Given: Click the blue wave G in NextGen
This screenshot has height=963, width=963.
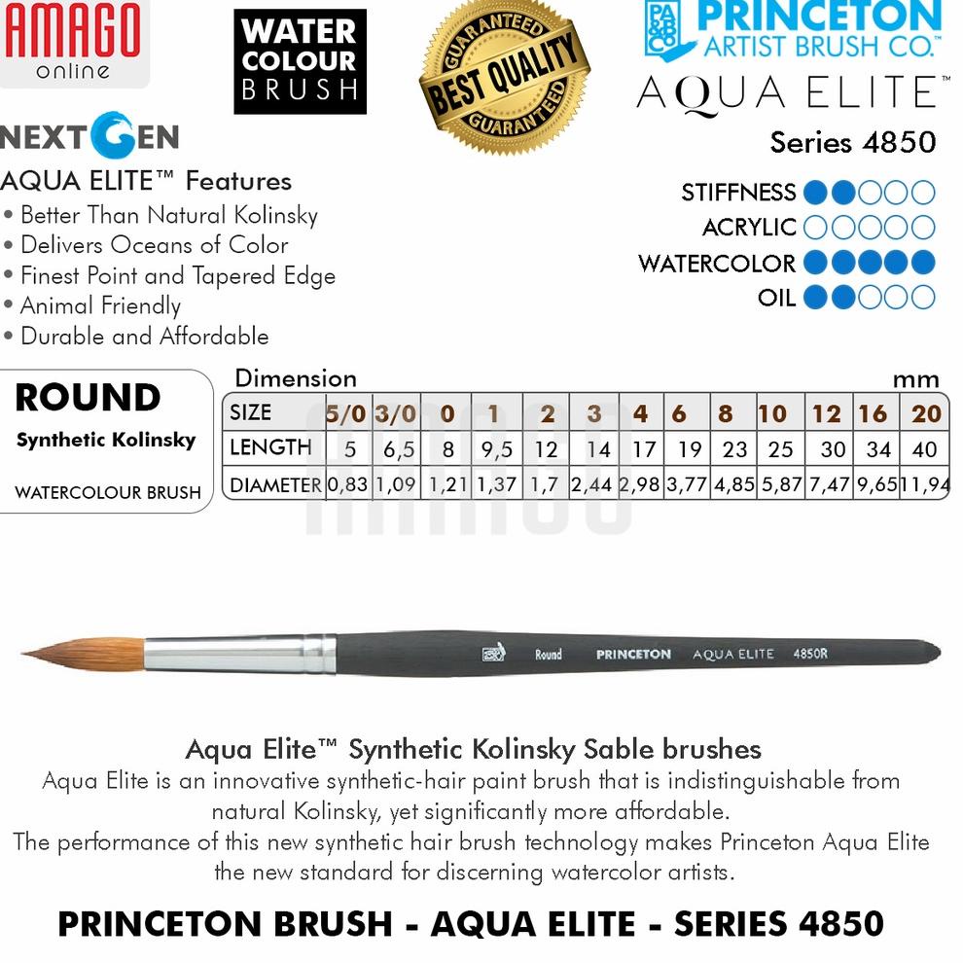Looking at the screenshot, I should coord(114,136).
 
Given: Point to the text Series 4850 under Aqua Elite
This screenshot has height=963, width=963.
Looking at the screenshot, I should coord(852,142).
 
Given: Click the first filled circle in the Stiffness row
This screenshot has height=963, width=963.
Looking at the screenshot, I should coord(818,192).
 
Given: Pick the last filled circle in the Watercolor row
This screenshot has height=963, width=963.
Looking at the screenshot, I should coord(923,263).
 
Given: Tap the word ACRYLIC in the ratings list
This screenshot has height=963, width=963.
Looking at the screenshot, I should coord(749,228).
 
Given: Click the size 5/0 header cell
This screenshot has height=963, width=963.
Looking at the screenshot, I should coord(345,413).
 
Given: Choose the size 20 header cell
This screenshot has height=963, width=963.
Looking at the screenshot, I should coord(926,413).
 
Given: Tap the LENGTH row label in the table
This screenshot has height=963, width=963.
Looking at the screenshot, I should coord(269,448).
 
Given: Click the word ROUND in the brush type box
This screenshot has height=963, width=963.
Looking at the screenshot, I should coord(88,398).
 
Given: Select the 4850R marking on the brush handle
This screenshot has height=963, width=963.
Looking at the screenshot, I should coord(810,654).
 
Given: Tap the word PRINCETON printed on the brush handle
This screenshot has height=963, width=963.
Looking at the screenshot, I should coord(633,655).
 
